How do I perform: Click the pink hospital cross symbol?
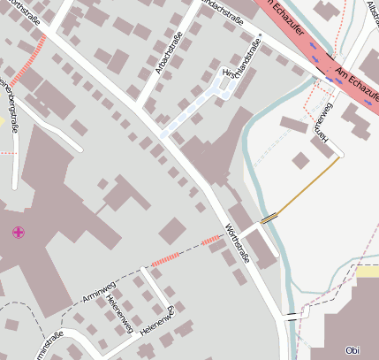pos(18,233)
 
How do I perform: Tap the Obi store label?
pos(352,349)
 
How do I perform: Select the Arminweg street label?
pos(98,293)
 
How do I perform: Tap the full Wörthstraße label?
pos(239,245)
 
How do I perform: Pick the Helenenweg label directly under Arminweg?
pos(118,315)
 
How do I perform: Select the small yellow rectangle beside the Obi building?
pos(368,272)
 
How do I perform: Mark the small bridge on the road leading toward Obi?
pos(291,314)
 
